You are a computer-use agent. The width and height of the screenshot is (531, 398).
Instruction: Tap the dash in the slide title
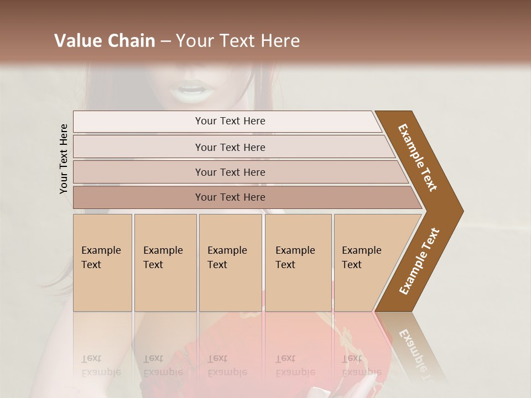click(165, 41)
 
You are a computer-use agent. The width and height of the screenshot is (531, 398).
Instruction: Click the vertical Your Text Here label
click(64, 159)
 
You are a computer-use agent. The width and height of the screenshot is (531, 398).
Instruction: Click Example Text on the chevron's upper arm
click(418, 158)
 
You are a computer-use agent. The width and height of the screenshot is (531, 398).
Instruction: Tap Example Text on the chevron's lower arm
click(419, 261)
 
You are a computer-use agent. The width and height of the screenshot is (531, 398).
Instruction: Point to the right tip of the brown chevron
click(462, 211)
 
